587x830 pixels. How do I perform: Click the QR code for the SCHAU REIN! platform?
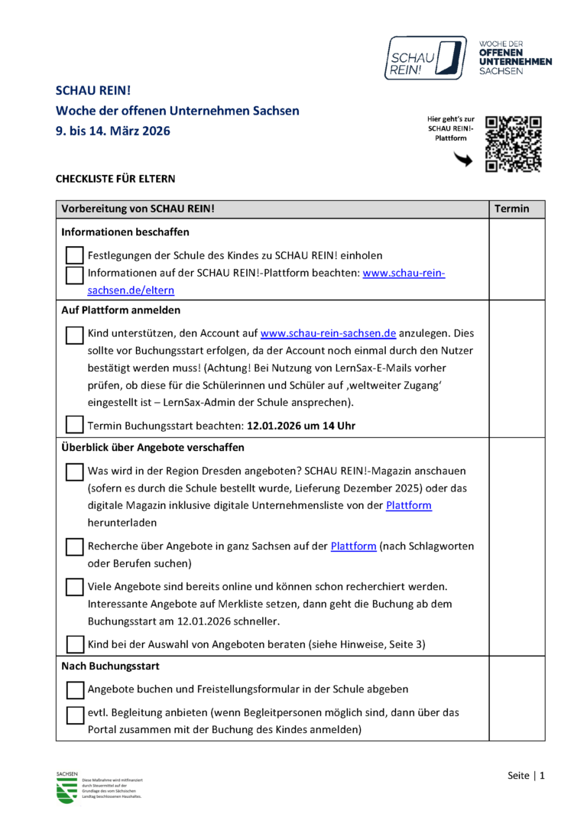514,144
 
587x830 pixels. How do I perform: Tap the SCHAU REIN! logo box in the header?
425,58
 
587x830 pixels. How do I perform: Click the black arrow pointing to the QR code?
463,159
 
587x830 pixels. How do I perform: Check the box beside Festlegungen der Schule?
74,255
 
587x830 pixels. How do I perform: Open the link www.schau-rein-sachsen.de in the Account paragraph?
328,333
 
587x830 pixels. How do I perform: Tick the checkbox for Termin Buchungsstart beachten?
74,425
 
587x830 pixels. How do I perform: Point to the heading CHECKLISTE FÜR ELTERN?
115,179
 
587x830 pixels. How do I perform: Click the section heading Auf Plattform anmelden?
121,311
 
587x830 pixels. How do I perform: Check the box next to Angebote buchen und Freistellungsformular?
75,690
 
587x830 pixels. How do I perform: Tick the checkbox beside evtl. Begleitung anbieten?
75,715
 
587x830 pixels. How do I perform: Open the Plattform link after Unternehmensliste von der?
409,505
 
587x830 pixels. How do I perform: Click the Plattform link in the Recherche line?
353,546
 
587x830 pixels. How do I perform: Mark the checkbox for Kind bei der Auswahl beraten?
75,644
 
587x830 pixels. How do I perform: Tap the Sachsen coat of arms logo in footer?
66,789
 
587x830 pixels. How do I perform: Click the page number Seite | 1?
527,776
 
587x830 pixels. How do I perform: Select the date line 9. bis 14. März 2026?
113,131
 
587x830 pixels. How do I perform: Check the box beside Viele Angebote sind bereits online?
75,587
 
